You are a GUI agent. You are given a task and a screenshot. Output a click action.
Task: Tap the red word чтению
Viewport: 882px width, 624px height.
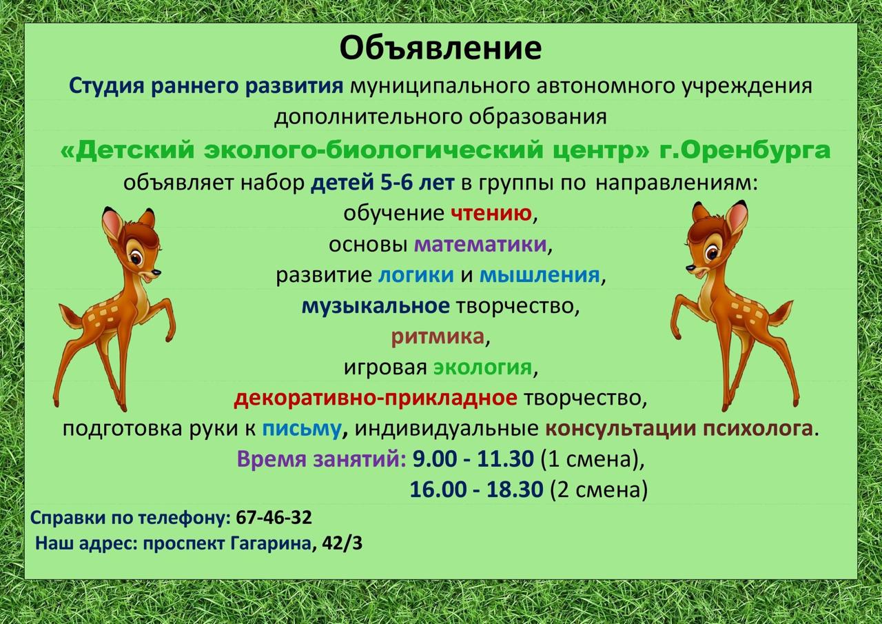[x=491, y=214]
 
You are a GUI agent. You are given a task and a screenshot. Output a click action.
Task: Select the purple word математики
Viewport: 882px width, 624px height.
[x=480, y=245]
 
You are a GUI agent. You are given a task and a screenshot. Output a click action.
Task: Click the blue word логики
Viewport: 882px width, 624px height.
[x=416, y=275]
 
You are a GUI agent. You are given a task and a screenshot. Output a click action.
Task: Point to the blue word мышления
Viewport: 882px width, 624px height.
[x=540, y=275]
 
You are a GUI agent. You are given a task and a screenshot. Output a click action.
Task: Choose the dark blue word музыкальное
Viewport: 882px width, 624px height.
[x=376, y=306]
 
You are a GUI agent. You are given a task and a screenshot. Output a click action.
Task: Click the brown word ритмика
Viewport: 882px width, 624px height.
[x=438, y=336]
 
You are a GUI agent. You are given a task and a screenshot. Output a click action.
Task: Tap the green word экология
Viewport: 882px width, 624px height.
[x=482, y=368]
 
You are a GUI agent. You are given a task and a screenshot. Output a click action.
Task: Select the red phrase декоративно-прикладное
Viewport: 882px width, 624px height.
[x=376, y=399]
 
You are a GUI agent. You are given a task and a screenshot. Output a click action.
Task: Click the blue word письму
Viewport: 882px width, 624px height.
[x=302, y=429]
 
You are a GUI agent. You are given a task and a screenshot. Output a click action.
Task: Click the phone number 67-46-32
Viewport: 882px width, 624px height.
[x=274, y=518]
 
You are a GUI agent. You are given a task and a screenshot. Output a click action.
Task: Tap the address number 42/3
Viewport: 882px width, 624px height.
[x=342, y=544]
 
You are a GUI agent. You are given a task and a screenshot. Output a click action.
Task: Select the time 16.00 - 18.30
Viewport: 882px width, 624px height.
[x=476, y=490]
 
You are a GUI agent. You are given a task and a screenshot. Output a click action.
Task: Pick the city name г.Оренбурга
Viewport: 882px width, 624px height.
[x=745, y=150]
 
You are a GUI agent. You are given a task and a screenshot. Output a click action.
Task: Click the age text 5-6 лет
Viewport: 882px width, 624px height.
[x=417, y=183]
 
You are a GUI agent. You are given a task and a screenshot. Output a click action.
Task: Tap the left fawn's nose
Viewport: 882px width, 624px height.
[x=156, y=272]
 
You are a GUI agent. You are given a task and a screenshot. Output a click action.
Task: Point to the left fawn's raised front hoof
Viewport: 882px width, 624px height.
[x=170, y=337]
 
